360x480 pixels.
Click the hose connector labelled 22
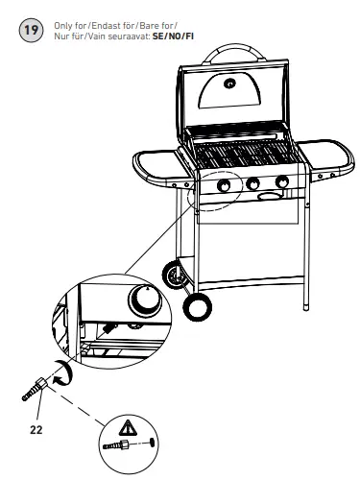[35, 387]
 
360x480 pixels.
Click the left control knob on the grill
[225, 186]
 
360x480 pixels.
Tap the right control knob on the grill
[281, 182]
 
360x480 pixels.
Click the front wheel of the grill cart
[199, 306]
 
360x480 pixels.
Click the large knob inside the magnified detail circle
[144, 301]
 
